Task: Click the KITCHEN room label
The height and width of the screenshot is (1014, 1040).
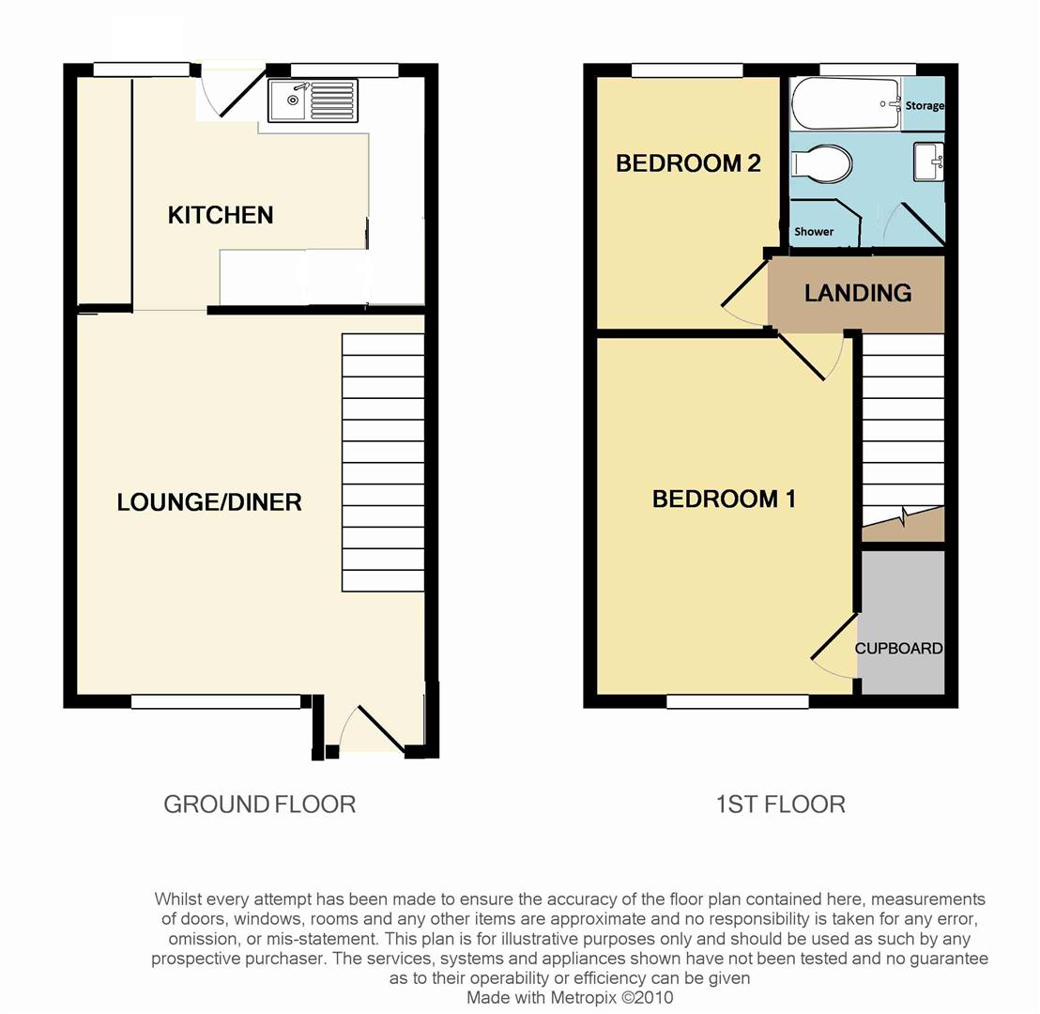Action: [x=221, y=215]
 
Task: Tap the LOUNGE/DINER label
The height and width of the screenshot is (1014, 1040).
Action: [x=209, y=502]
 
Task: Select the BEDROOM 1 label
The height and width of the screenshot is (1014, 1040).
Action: [x=724, y=499]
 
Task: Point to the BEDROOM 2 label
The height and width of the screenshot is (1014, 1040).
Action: [x=687, y=163]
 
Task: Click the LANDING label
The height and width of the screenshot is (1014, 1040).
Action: [x=858, y=293]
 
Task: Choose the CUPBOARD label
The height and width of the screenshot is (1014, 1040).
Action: [x=898, y=649]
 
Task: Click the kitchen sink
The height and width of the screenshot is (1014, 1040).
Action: [x=312, y=100]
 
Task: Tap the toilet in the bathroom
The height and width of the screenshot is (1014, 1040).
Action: [x=822, y=166]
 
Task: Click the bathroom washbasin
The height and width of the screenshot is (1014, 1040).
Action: [x=928, y=161]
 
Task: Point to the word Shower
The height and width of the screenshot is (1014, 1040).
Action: [x=814, y=231]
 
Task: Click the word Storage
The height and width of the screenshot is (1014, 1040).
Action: [x=924, y=106]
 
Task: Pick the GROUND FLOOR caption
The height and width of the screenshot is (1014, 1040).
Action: [x=259, y=805]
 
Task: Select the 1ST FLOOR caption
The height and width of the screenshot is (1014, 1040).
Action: [x=780, y=805]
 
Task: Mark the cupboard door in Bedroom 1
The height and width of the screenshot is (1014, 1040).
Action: [x=832, y=648]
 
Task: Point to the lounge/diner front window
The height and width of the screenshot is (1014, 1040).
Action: [x=216, y=701]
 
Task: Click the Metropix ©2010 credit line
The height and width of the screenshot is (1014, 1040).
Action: [x=570, y=997]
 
